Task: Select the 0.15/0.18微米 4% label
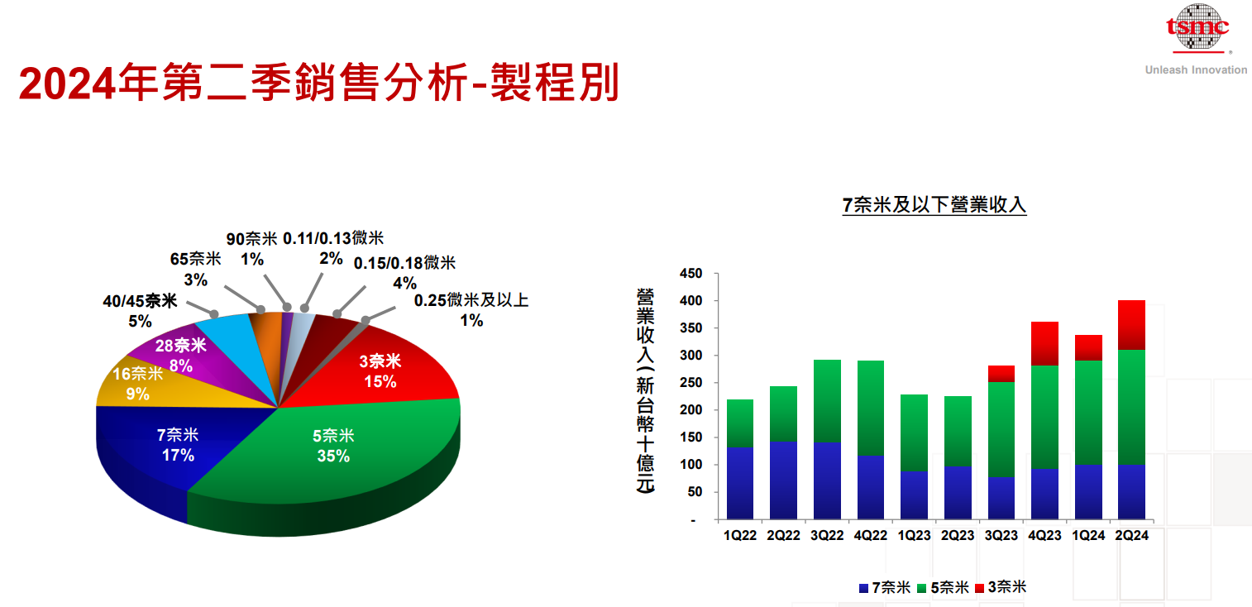[x=404, y=273]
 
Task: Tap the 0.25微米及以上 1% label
[x=471, y=310]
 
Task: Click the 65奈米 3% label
[x=196, y=269]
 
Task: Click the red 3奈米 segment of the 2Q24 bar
[x=1131, y=324]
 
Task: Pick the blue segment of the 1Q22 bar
[x=739, y=483]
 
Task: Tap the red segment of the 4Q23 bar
[x=1044, y=343]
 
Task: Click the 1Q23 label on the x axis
[x=914, y=536]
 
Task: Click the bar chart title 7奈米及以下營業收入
[x=934, y=205]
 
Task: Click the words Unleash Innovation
[x=1196, y=70]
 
